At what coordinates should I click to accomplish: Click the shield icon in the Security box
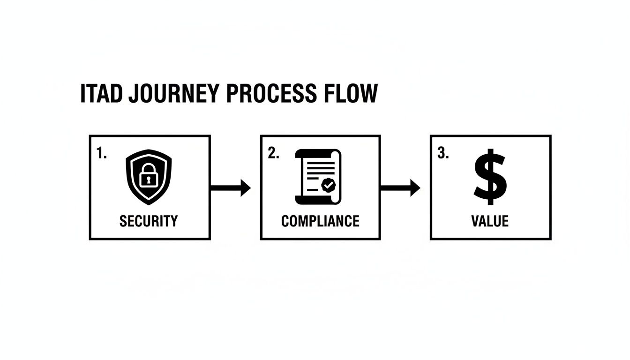click(x=149, y=178)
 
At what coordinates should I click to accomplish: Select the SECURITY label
click(x=149, y=221)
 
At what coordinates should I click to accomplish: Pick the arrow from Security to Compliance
click(x=230, y=188)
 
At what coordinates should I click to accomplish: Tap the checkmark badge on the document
click(x=328, y=186)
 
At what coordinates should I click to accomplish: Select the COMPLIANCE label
click(x=320, y=221)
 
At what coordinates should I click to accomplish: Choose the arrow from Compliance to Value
click(x=399, y=188)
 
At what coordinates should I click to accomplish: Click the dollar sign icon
click(x=490, y=177)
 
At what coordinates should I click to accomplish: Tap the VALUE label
click(x=490, y=221)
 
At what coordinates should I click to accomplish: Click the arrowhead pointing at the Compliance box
click(x=246, y=188)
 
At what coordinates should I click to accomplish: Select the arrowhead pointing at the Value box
click(x=415, y=188)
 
